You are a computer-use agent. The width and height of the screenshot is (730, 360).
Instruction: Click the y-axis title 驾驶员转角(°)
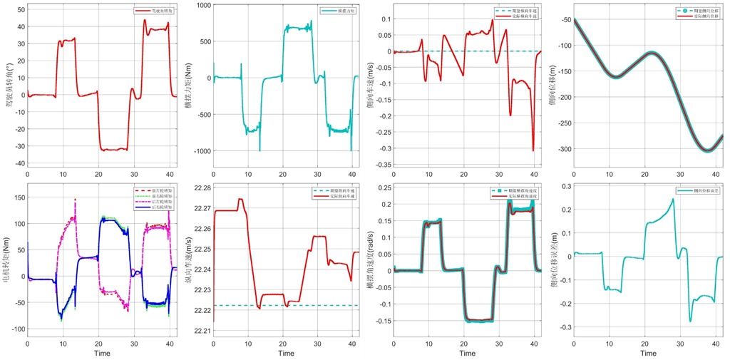tap(9, 83)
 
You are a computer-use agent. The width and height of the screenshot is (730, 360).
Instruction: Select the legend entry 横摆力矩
tap(334, 12)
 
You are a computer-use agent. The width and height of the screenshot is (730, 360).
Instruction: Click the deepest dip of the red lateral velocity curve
tap(533, 150)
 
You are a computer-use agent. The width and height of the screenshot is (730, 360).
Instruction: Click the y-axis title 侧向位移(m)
tap(554, 83)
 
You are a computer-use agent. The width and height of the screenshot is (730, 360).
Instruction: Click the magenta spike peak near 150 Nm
tap(75, 200)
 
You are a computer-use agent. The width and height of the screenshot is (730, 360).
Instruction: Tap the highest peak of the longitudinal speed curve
tap(240, 200)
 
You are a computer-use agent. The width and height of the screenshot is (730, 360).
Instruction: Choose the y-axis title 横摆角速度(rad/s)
tap(372, 253)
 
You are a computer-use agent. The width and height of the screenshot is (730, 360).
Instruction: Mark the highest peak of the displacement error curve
tap(673, 199)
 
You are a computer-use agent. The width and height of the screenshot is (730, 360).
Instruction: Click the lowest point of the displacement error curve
tap(690, 322)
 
